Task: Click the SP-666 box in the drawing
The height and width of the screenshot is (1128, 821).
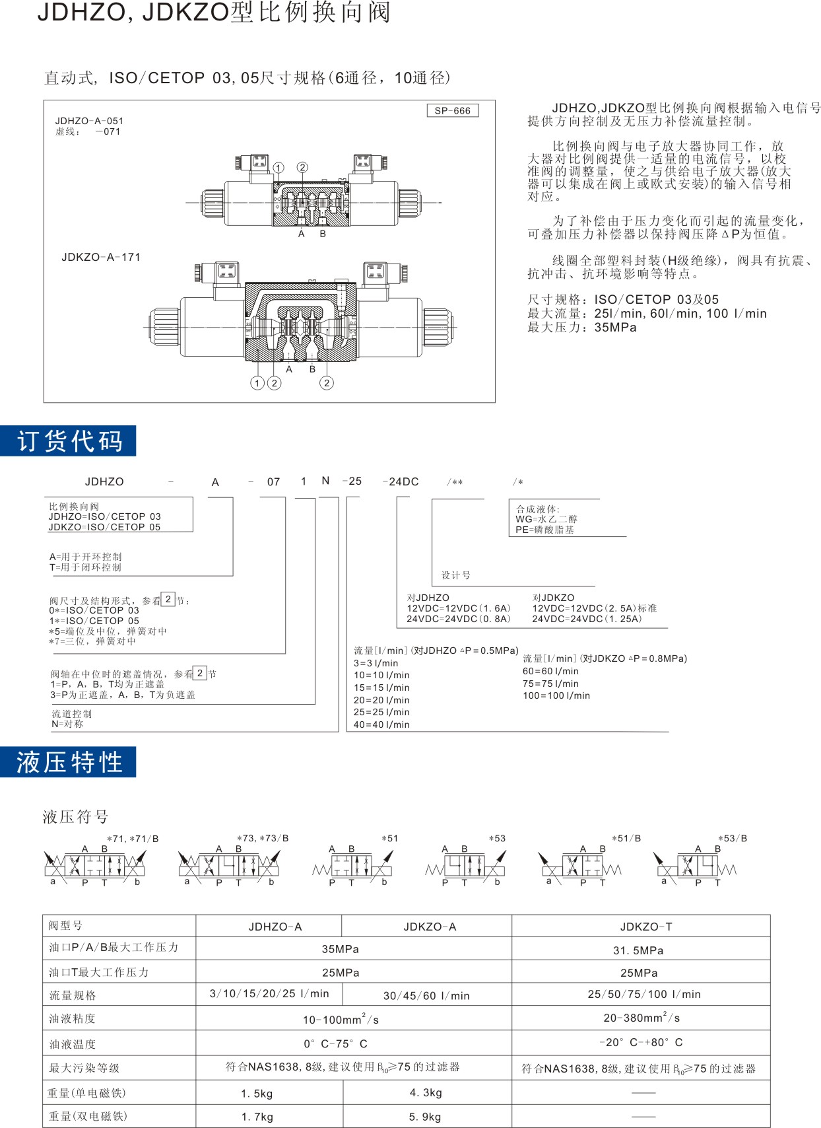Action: click(452, 111)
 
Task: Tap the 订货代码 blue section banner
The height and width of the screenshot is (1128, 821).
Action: click(69, 441)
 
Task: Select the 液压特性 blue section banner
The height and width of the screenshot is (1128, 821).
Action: click(69, 762)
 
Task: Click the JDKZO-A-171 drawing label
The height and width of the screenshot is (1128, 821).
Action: click(101, 258)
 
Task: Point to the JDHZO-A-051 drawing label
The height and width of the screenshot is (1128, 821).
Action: click(89, 121)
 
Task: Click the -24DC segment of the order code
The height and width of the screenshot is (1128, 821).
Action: click(401, 481)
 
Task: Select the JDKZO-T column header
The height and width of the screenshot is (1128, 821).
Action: click(646, 927)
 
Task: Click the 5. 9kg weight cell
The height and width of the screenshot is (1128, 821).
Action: click(425, 1117)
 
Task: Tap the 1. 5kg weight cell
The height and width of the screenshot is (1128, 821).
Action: click(257, 1094)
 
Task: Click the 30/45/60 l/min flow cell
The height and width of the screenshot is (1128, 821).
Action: click(426, 996)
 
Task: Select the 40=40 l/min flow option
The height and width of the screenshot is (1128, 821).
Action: click(381, 724)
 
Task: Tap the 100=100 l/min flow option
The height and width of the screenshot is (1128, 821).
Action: click(556, 695)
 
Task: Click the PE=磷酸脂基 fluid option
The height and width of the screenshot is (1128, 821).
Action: click(544, 530)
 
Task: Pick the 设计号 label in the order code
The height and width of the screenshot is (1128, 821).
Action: click(456, 575)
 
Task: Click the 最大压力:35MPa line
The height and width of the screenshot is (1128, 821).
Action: click(581, 328)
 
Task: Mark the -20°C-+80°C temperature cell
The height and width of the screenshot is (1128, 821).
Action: click(641, 1043)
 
